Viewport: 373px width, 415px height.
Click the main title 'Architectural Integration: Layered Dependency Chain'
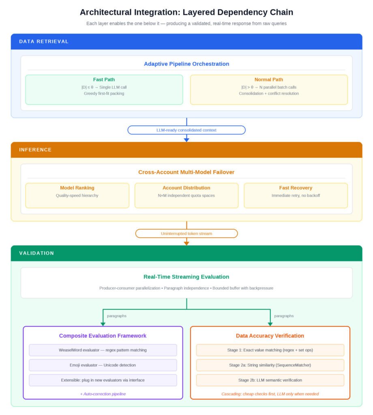(186, 12)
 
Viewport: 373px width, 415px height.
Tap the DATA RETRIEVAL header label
(44, 42)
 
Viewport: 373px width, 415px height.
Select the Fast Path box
(104, 90)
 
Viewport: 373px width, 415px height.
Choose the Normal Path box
(269, 90)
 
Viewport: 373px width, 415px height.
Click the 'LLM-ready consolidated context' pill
(186, 130)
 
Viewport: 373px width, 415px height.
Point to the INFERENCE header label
(35, 150)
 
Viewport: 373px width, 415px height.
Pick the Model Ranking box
(77, 196)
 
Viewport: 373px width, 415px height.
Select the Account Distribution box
(186, 196)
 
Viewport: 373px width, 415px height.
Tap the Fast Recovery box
(296, 196)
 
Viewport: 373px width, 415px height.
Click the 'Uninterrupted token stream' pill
(186, 233)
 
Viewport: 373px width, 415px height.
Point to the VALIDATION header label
(36, 253)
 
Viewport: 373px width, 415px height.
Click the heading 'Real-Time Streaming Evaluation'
(186, 277)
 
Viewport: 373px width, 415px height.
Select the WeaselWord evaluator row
(103, 350)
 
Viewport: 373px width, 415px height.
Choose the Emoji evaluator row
(103, 365)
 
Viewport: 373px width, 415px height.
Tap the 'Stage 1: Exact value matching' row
(270, 350)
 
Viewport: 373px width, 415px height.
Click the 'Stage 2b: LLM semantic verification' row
(270, 380)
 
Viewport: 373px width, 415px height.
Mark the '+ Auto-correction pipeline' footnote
(103, 394)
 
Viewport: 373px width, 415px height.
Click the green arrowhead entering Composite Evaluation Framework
(103, 324)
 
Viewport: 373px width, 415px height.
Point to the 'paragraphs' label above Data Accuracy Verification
(284, 316)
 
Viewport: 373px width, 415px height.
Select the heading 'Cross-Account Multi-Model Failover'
(186, 172)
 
